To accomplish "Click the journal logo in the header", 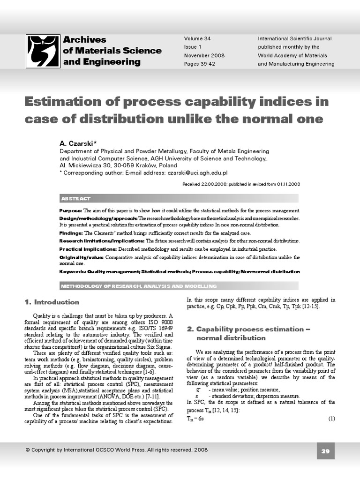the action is tap(43, 51).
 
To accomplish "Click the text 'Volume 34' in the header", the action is tap(197, 38).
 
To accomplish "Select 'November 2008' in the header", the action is tap(204, 55).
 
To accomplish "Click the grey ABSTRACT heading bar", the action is tap(179, 198).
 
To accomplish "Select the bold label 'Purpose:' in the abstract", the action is tap(71, 211).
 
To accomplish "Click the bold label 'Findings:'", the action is tap(71, 233).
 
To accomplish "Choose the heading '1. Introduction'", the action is tap(52, 302).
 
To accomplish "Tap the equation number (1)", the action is tap(331, 419).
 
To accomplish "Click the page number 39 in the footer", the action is tap(326, 451).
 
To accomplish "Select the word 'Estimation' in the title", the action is tap(61, 102).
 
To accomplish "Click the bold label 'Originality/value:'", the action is tap(82, 257).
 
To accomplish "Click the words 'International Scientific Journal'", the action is tap(294, 38).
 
